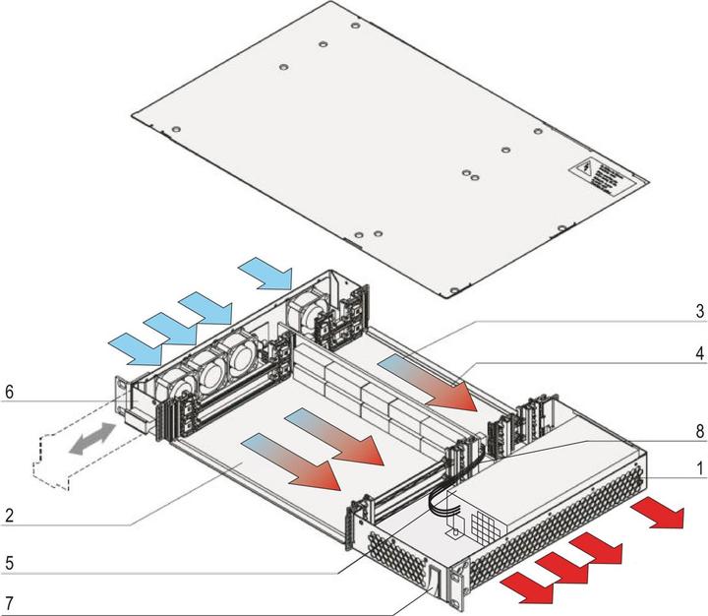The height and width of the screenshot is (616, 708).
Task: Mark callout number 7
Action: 9,600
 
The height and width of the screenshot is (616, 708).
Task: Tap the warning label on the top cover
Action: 606,174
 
